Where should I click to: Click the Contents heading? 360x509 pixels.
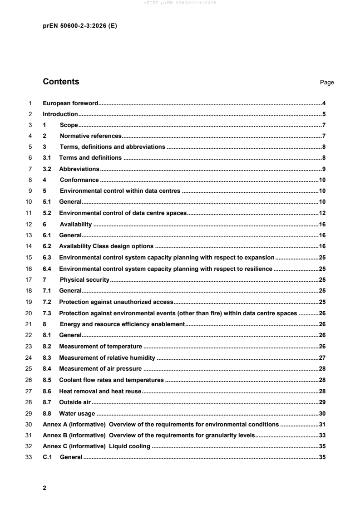(x=61, y=82)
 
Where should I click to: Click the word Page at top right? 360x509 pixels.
(x=327, y=83)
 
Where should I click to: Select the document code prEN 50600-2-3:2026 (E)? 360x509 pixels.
(x=79, y=26)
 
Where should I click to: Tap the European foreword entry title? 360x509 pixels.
(x=70, y=103)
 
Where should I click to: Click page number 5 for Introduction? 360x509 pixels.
(x=324, y=114)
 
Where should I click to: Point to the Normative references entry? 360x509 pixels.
(x=90, y=136)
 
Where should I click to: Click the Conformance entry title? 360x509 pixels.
(x=79, y=180)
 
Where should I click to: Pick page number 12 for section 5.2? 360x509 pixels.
(x=322, y=213)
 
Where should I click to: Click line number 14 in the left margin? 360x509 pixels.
(x=30, y=246)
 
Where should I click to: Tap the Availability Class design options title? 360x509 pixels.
(x=106, y=246)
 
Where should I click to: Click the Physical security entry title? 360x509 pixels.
(x=84, y=279)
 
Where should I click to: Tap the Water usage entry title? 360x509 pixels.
(x=77, y=413)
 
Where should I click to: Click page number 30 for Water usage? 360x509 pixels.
(x=322, y=413)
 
